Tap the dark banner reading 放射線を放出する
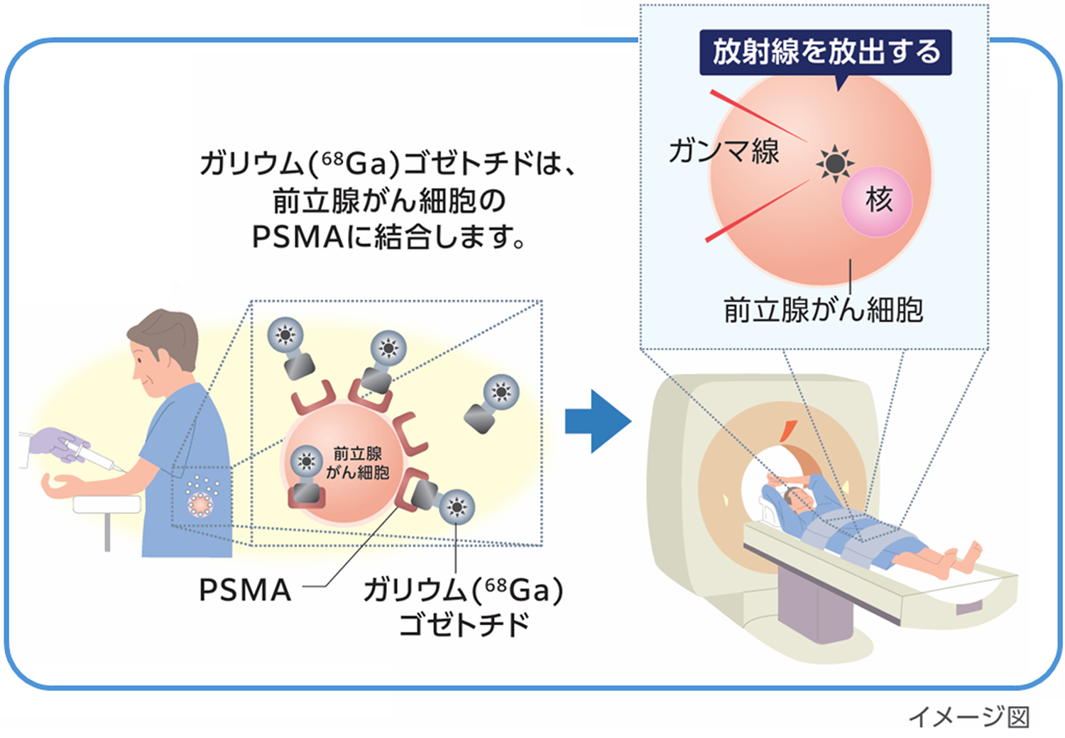point(825,53)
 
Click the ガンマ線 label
point(723,151)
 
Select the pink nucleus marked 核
point(877,200)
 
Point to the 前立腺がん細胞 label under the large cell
point(823,310)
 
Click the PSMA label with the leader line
point(245,590)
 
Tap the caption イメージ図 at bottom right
point(968,717)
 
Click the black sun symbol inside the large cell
point(835,163)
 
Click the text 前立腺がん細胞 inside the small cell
point(358,463)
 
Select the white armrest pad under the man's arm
point(107,504)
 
